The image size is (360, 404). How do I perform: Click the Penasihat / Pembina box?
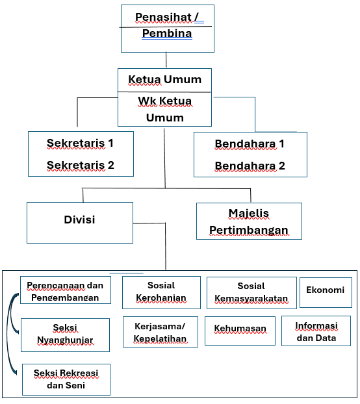[168, 29]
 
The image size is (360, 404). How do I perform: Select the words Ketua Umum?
[165, 79]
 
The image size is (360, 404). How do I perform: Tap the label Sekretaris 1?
[80, 143]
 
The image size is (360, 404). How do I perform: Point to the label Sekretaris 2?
[81, 165]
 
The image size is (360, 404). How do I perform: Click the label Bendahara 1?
[250, 144]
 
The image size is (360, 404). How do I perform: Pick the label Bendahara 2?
[250, 166]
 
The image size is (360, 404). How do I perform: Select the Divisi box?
[80, 223]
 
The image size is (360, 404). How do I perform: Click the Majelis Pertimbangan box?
[249, 221]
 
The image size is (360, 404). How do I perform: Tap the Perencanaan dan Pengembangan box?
[66, 290]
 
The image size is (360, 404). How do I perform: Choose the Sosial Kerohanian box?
[161, 292]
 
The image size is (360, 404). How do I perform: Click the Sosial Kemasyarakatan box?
[251, 293]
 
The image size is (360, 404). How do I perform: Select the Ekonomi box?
[326, 292]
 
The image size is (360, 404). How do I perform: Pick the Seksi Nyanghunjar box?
[65, 335]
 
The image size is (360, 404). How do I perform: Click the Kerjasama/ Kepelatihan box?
[161, 332]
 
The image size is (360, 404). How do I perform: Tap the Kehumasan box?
[240, 331]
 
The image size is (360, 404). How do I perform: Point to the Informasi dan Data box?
[316, 331]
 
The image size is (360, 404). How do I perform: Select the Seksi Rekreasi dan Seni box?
[66, 379]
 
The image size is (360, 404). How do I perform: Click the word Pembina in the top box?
[167, 34]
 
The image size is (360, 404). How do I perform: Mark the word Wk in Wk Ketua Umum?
[147, 101]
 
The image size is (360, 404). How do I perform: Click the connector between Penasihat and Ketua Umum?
[166, 60]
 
